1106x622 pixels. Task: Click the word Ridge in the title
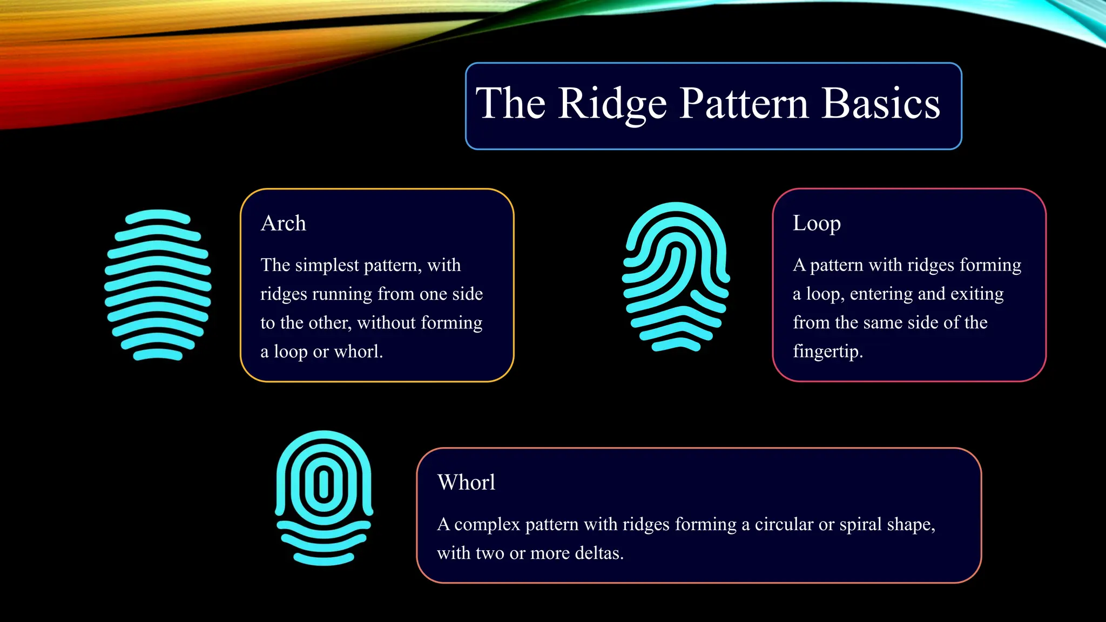[x=612, y=104]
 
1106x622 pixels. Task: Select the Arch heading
[x=283, y=223]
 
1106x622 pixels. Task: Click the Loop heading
[x=816, y=223]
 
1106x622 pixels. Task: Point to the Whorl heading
[x=466, y=482]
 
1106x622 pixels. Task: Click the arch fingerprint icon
[x=158, y=285]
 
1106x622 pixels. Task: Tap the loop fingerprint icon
[x=676, y=276]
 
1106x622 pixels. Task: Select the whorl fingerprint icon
[x=323, y=497]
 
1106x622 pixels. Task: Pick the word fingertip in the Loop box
[x=827, y=351]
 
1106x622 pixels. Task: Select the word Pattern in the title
[x=744, y=104]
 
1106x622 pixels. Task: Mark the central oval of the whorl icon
[x=323, y=484]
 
